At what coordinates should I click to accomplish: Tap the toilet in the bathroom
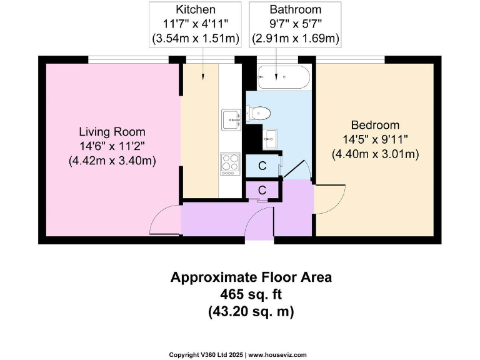(x=259, y=113)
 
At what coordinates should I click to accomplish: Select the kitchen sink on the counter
(x=231, y=118)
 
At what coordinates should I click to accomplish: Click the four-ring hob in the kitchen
(x=230, y=164)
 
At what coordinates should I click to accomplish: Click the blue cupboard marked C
(x=262, y=166)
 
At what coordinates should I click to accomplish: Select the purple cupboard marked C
(x=262, y=189)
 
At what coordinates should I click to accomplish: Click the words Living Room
(x=112, y=132)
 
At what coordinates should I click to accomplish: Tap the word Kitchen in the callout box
(x=195, y=10)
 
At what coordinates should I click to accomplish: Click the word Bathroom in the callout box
(x=295, y=10)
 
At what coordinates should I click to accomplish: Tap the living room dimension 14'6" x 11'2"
(x=112, y=146)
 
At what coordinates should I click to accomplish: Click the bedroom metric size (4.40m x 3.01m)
(x=374, y=154)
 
